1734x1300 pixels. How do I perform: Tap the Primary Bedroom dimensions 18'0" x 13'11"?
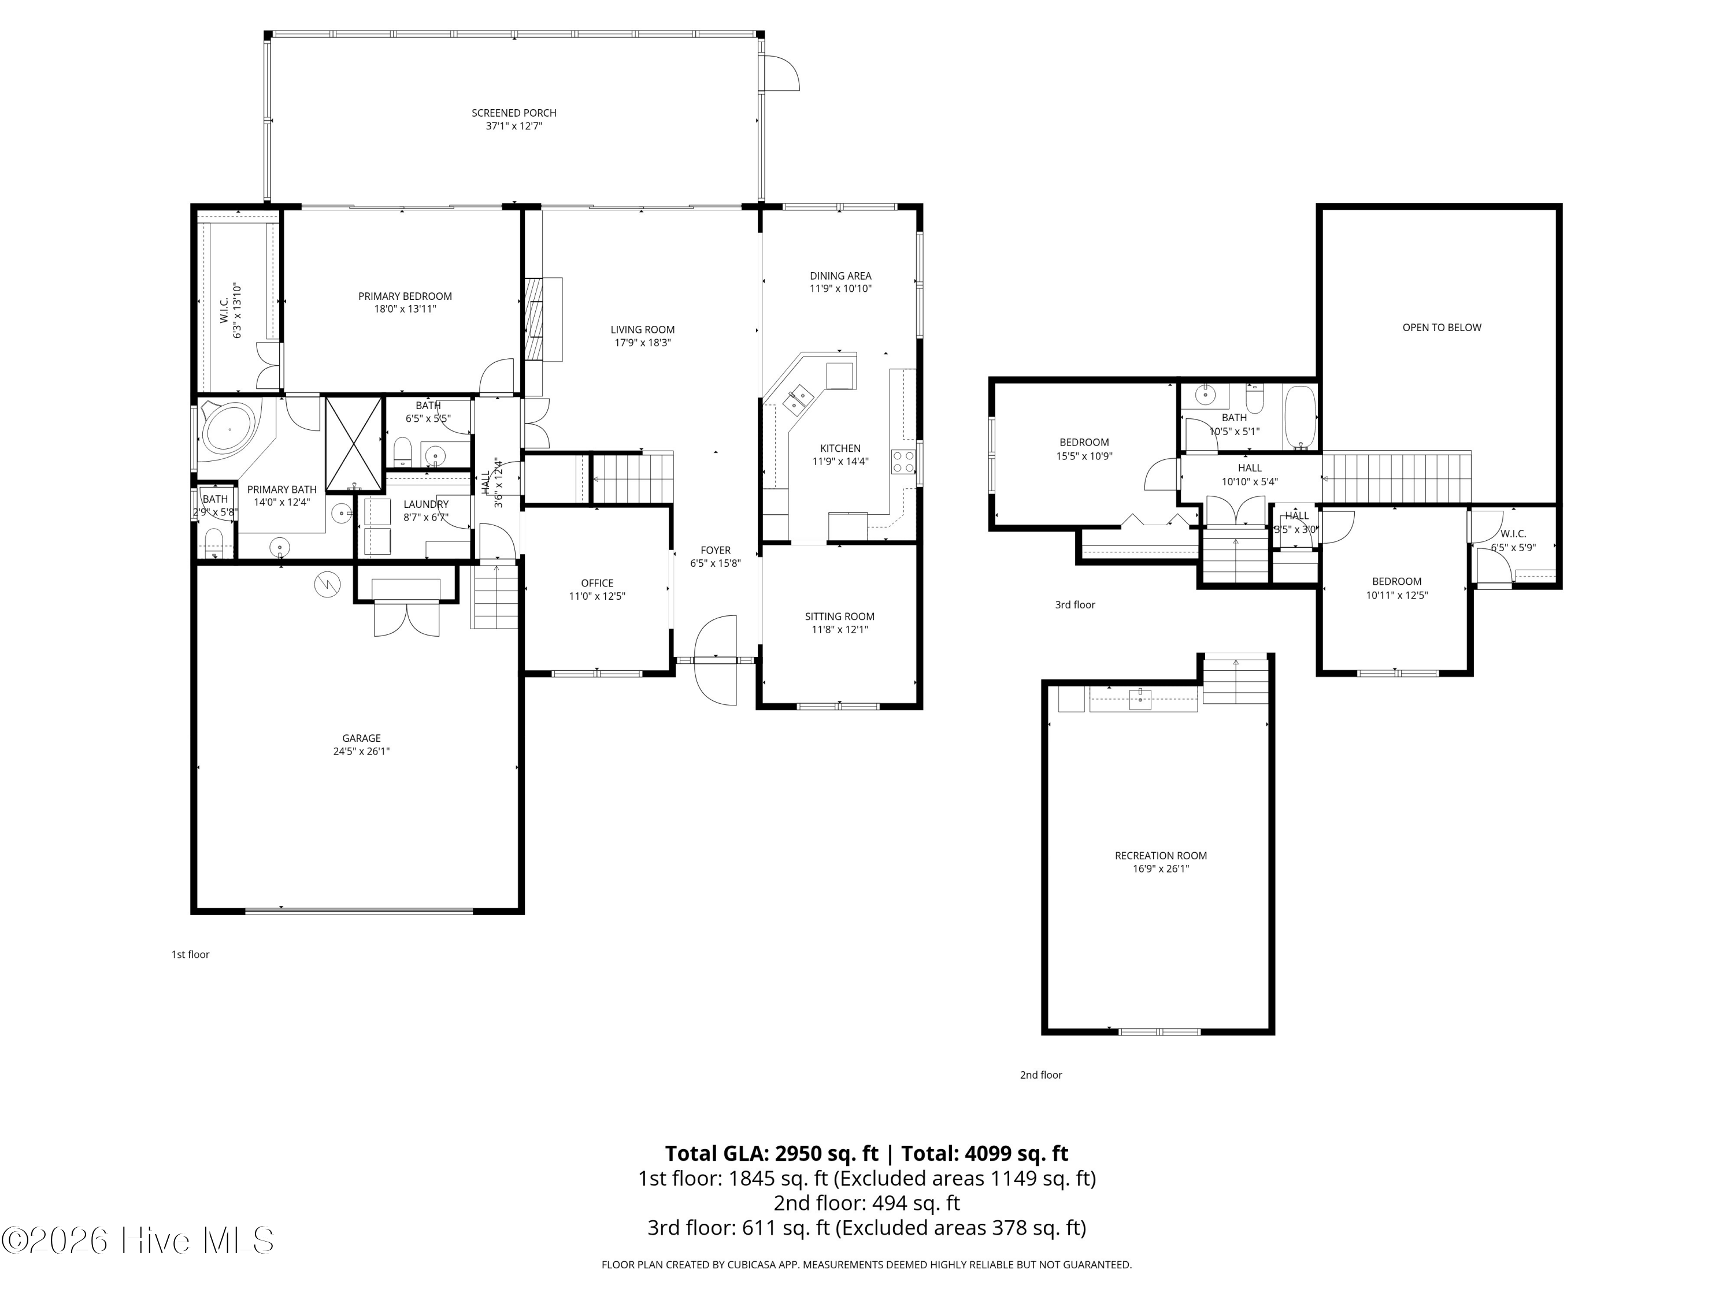point(405,309)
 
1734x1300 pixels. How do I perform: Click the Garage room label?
point(361,738)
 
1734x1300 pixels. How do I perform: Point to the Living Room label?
point(643,330)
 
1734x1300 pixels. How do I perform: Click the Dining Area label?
point(840,276)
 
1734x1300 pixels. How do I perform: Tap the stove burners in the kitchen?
point(903,462)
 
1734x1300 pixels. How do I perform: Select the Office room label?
point(597,583)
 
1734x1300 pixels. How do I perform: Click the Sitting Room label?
point(840,616)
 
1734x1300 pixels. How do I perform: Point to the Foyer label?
point(716,551)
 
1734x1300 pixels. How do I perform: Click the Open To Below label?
point(1442,328)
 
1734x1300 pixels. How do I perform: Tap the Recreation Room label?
point(1161,856)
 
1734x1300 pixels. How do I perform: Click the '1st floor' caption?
point(191,954)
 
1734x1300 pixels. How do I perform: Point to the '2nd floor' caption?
point(1041,1075)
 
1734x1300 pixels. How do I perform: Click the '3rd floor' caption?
point(1075,605)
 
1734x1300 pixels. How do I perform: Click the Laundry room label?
point(427,504)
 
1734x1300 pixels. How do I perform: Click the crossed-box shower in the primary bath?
point(354,444)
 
